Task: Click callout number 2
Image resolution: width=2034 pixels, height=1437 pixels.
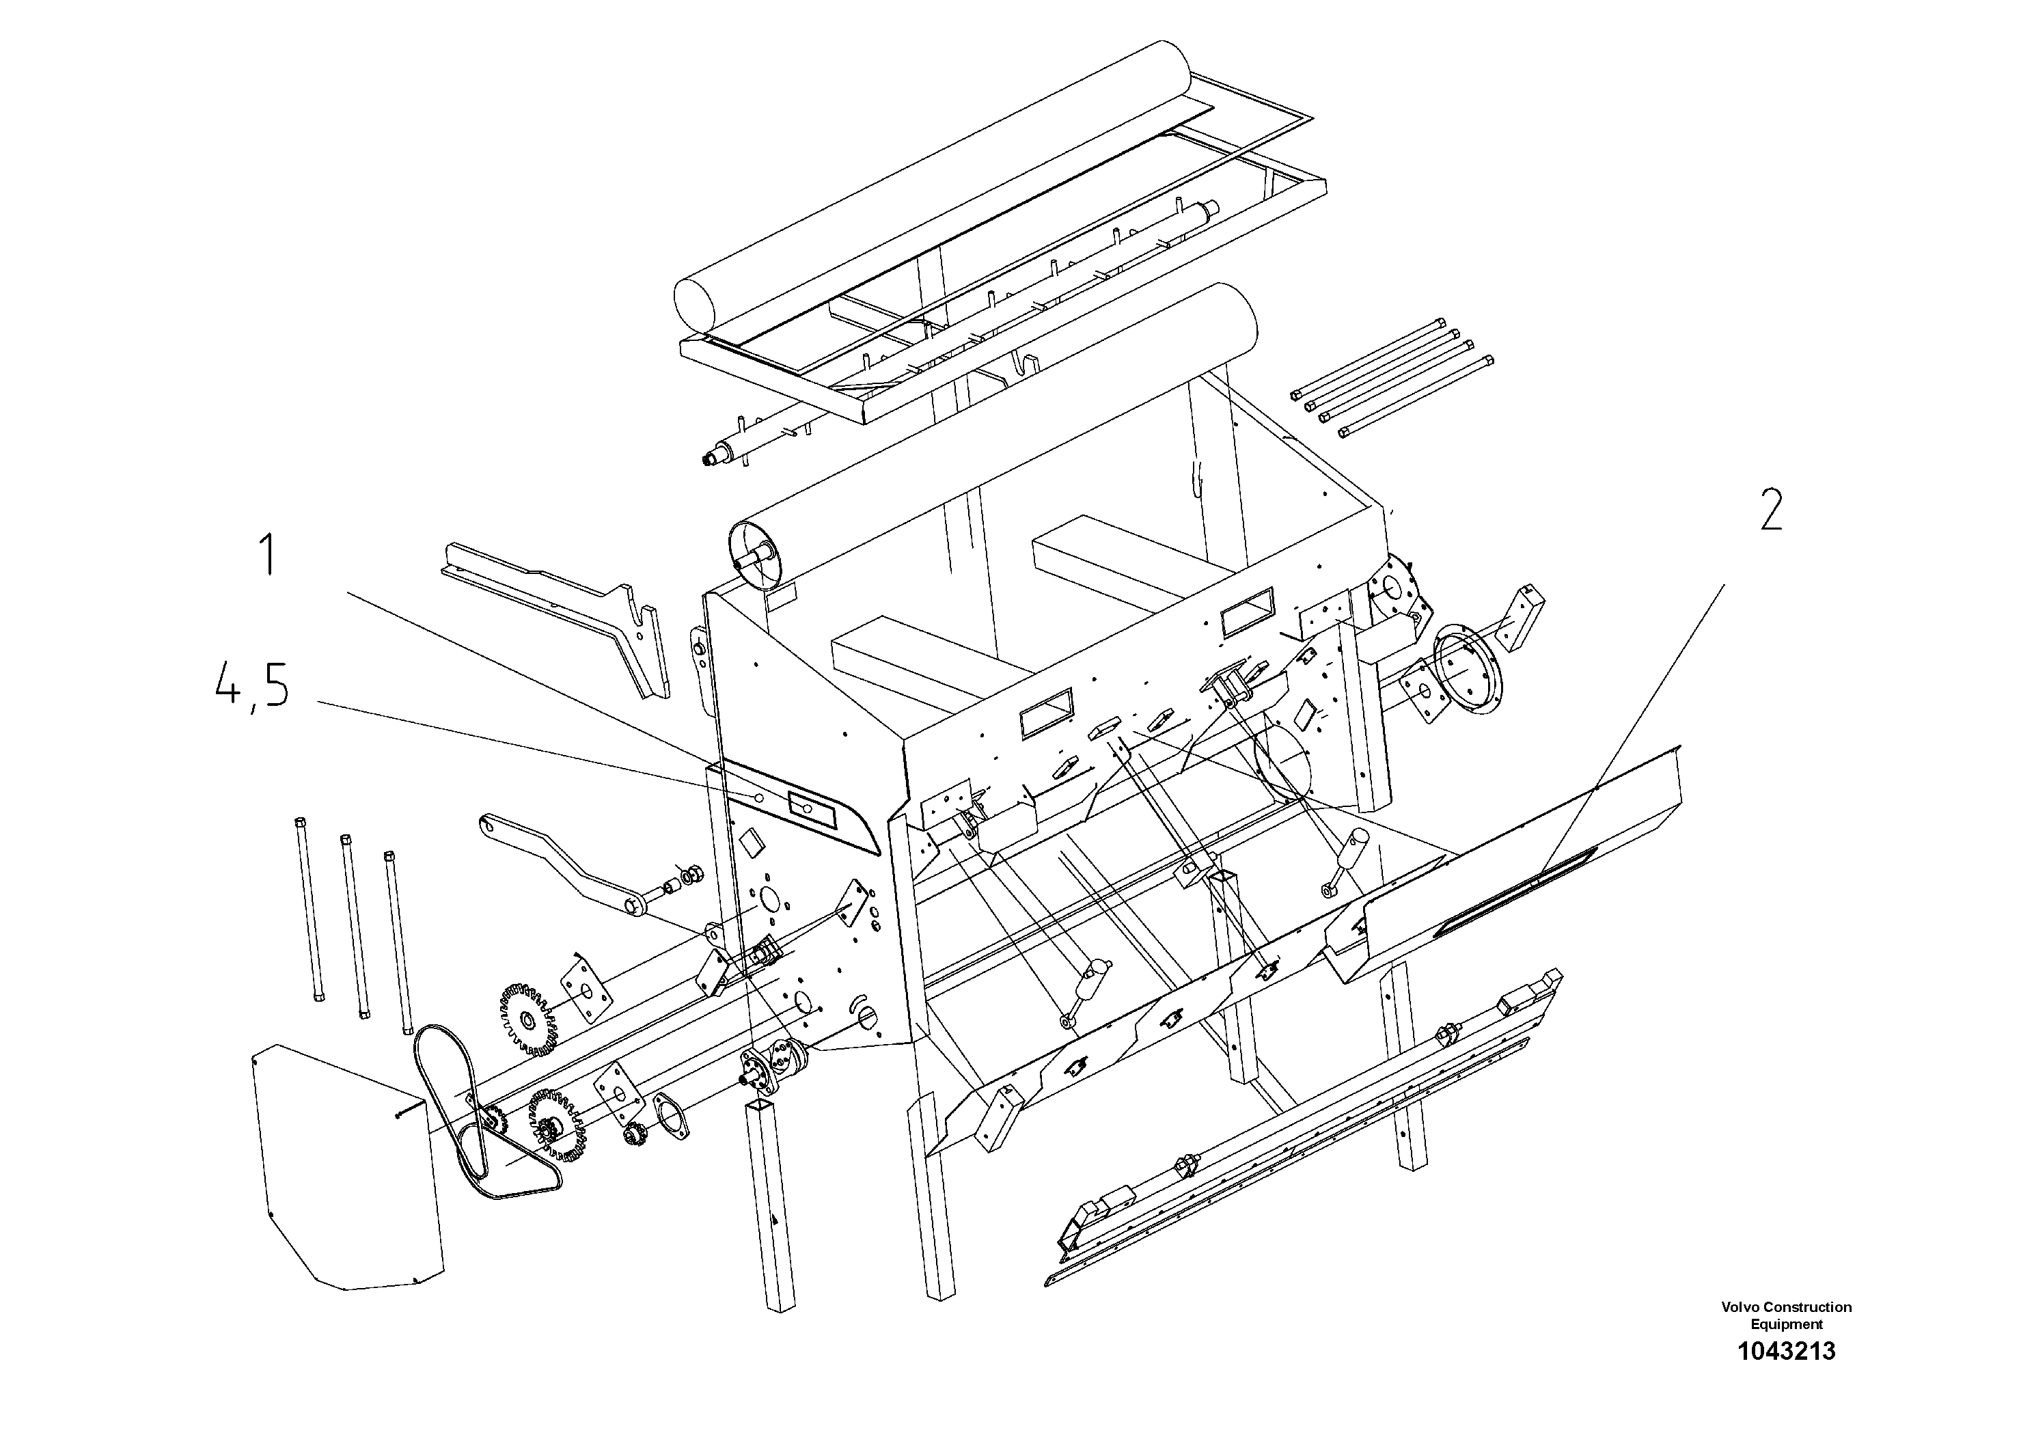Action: pyautogui.click(x=1770, y=511)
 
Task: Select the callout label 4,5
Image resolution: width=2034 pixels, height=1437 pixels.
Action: pyautogui.click(x=253, y=688)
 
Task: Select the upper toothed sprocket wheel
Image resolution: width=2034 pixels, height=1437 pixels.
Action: pyautogui.click(x=529, y=1019)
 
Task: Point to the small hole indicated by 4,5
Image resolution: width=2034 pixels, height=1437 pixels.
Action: pyautogui.click(x=759, y=798)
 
